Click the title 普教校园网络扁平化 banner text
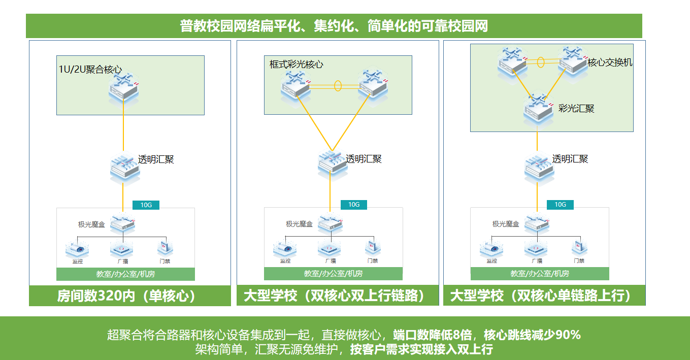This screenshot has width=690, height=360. tap(334, 26)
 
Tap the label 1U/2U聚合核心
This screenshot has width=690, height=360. tap(90, 70)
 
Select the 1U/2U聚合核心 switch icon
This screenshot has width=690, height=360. tap(123, 88)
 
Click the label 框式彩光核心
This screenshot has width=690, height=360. tap(296, 64)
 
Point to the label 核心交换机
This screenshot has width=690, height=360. tap(610, 62)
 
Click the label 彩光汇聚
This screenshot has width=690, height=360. tap(576, 108)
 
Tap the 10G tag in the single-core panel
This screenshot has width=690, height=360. tap(146, 205)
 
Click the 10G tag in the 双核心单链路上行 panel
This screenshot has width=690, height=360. tap(560, 205)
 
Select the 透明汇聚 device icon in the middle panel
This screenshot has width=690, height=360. tap(333, 164)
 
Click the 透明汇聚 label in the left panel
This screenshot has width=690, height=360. tap(156, 159)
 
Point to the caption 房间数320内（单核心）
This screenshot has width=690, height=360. tap(126, 296)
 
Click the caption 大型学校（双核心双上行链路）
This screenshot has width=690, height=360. tap(334, 296)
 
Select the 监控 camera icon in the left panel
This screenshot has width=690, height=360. tap(77, 249)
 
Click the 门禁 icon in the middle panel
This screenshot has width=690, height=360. tap(372, 249)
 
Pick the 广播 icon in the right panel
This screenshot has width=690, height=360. tap(536, 249)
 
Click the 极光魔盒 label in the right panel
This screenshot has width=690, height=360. tap(506, 224)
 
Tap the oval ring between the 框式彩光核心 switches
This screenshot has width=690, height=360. tap(338, 85)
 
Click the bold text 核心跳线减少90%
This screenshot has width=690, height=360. tap(532, 335)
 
